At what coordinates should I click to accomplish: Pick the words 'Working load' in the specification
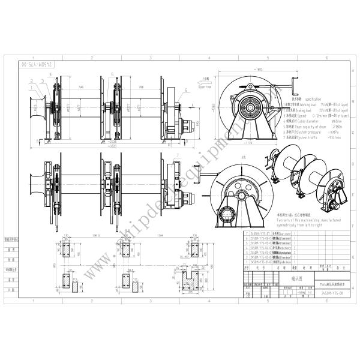[303, 106]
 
